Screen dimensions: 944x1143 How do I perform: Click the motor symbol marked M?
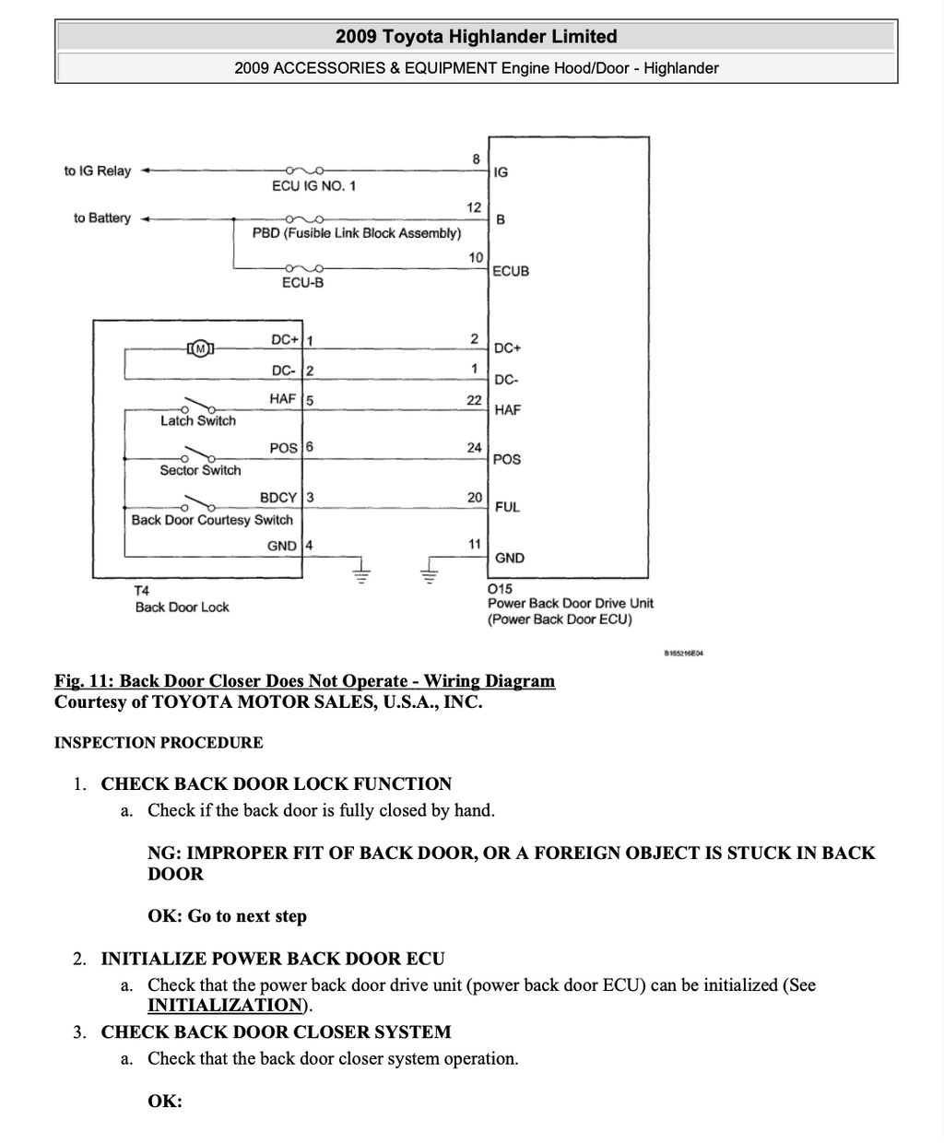click(200, 348)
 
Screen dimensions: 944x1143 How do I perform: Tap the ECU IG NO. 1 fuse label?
click(313, 186)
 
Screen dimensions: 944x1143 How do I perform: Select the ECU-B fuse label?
click(302, 282)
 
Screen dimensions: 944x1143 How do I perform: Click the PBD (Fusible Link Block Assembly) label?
click(357, 233)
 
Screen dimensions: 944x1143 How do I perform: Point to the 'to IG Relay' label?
click(98, 171)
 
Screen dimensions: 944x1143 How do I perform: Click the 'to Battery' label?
click(102, 218)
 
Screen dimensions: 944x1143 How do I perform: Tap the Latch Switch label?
click(198, 420)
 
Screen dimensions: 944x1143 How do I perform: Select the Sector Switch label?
click(200, 470)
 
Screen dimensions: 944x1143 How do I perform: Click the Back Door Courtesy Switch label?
click(212, 520)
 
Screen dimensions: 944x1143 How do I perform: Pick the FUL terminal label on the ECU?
click(507, 507)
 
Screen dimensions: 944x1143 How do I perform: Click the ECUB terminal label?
click(511, 271)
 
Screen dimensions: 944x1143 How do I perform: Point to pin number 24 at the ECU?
click(474, 448)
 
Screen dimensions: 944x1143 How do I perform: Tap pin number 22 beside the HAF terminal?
click(474, 400)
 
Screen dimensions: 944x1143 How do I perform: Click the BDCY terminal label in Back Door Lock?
click(278, 497)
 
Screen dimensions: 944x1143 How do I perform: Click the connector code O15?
click(500, 589)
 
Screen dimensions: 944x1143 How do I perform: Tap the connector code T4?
click(142, 591)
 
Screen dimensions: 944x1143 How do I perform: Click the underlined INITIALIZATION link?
click(225, 1005)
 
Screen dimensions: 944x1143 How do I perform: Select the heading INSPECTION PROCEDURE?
click(159, 742)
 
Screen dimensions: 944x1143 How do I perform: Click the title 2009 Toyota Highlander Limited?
click(477, 37)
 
